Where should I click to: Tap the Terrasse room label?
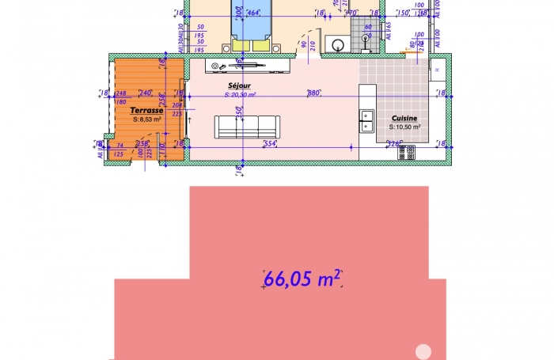147,111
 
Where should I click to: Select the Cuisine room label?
404,118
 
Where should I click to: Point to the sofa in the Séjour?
247,126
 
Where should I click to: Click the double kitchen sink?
367,120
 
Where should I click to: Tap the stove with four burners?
408,151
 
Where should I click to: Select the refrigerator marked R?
438,70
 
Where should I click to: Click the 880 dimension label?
313,93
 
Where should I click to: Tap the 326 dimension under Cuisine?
393,143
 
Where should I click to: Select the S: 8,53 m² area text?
147,119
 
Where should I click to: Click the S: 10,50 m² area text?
404,126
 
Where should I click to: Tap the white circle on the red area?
423,351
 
